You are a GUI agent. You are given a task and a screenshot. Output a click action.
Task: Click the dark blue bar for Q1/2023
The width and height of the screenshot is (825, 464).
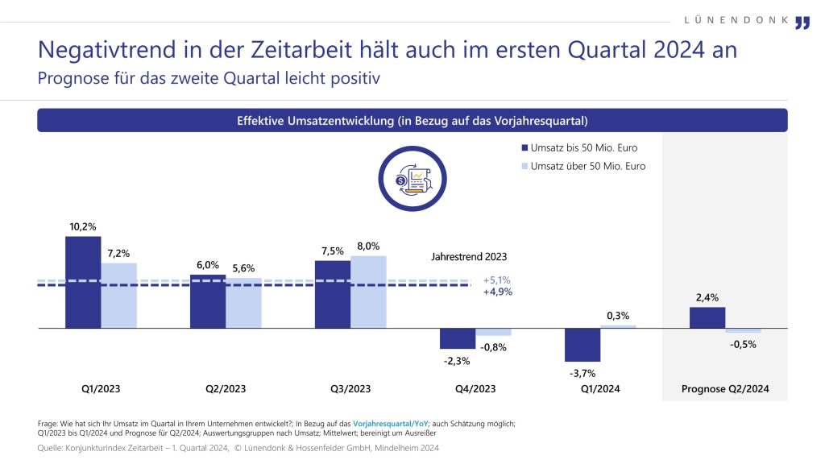[x=83, y=282]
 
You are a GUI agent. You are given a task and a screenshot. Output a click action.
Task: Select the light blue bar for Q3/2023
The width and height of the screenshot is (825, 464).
[x=368, y=292]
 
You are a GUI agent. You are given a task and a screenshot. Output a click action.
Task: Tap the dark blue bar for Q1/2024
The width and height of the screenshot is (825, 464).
[x=582, y=345]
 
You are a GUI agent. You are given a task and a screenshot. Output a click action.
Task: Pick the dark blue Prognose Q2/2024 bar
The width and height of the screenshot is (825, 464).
[x=707, y=318]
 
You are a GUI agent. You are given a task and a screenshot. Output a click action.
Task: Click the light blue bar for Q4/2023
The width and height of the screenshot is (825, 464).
[x=493, y=332]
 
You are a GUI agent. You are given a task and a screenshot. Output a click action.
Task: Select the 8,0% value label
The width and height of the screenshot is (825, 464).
[x=368, y=246]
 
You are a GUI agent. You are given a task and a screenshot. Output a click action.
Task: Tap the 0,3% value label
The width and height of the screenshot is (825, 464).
[x=618, y=316]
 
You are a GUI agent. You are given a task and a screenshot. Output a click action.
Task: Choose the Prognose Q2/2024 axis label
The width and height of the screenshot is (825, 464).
[x=725, y=388]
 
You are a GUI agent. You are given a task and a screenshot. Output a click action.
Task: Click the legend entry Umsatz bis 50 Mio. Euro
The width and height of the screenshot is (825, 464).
[x=580, y=147]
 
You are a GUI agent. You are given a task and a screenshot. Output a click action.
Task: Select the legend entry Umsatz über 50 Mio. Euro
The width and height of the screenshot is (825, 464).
[x=583, y=166]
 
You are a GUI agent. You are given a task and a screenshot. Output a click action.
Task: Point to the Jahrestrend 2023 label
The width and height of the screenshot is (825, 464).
[x=470, y=256]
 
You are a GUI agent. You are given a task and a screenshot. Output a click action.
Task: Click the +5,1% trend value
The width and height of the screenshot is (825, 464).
[x=497, y=280]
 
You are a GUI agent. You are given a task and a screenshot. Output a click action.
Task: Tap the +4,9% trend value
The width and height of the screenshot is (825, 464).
[x=497, y=292]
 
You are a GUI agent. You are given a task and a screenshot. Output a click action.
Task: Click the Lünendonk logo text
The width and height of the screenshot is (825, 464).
[x=735, y=20]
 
